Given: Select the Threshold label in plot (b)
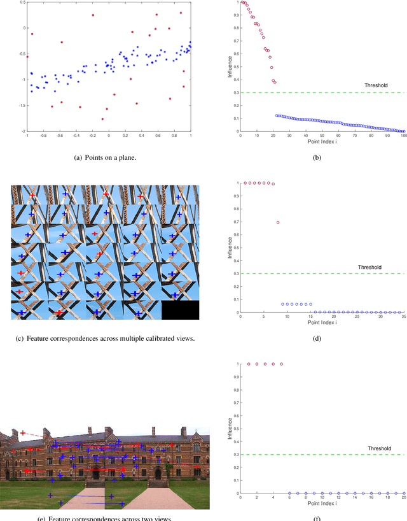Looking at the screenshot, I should (376, 85).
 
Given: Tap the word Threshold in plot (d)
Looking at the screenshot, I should (376, 267).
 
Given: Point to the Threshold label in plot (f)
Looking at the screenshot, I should (380, 448).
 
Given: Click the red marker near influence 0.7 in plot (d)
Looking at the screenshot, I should (278, 222).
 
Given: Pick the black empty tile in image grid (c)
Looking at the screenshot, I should (180, 310).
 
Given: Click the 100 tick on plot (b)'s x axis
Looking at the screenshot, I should (403, 136).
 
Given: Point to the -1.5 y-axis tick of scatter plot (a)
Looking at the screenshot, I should (20, 106).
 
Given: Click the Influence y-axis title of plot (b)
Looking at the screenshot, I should (230, 67).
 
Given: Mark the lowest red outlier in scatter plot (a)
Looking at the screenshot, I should (102, 119).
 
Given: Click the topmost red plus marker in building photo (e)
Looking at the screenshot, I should (22, 433).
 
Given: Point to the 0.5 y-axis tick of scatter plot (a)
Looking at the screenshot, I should (20, 3).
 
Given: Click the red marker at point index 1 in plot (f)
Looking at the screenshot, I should (248, 364).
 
